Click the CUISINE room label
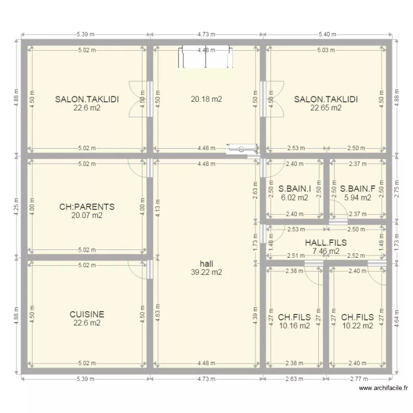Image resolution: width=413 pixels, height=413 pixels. [87, 314]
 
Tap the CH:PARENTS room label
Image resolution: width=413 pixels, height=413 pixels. [87, 207]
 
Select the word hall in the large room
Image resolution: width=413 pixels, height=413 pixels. [206, 263]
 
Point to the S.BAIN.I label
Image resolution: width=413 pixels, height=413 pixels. [295, 189]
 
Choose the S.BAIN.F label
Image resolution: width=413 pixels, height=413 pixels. [357, 189]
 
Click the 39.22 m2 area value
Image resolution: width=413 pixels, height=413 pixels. [206, 272]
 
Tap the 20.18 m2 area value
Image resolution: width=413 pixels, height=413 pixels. [206, 100]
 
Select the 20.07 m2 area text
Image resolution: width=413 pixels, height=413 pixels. [87, 216]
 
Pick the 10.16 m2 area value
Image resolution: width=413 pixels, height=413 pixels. [295, 326]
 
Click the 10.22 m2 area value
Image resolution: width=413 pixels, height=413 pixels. [357, 326]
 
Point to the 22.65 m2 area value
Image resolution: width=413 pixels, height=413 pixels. [326, 108]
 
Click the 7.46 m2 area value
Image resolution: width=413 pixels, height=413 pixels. [327, 251]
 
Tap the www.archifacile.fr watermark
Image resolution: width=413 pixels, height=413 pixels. [384, 389]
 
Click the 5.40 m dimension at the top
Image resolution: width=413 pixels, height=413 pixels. [327, 34]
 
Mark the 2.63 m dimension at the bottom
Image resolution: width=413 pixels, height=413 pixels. [295, 379]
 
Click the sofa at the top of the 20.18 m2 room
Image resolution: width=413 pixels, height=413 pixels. [203, 57]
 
